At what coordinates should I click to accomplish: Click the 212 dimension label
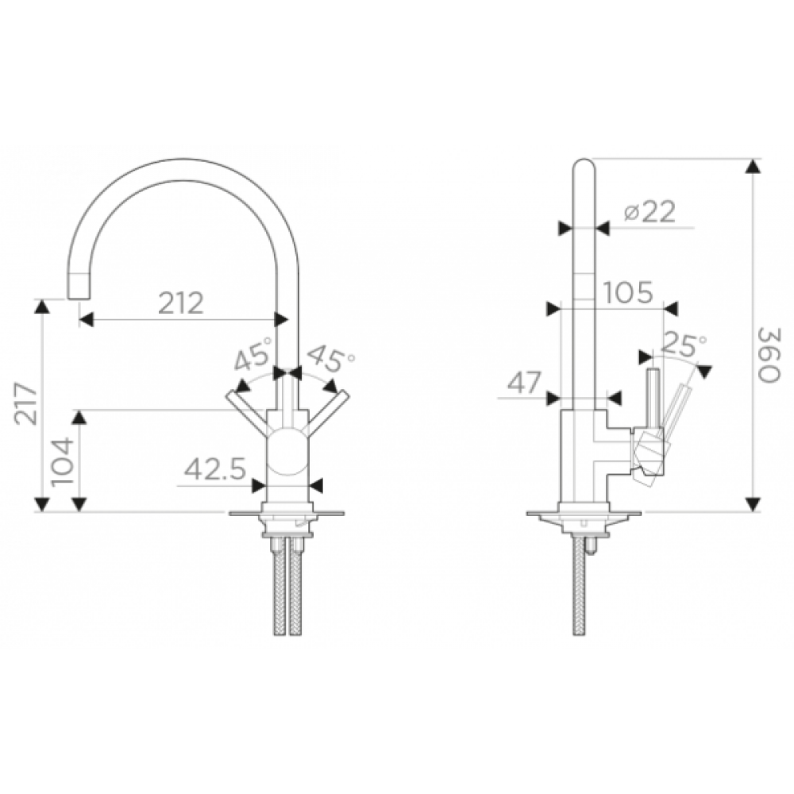coord(181,303)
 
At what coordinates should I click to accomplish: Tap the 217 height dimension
coord(26,403)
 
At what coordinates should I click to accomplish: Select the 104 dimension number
coord(62,461)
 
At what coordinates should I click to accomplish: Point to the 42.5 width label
coord(214,468)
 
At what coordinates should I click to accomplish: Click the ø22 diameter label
coord(649,212)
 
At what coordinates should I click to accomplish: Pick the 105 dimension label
coord(627,293)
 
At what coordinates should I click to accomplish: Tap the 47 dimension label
coord(525,383)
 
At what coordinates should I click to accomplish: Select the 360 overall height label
coord(769,354)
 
